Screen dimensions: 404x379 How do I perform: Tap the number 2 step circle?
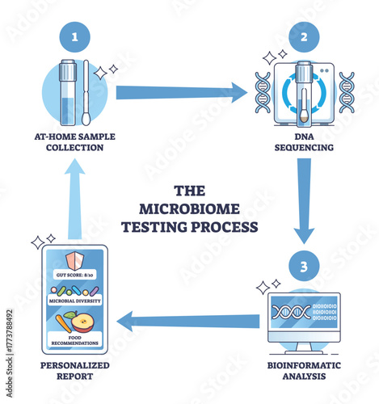304,37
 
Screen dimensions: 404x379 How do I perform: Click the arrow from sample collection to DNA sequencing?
182,92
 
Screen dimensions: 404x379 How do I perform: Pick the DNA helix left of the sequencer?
261,91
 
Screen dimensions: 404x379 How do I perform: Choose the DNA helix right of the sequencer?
347,91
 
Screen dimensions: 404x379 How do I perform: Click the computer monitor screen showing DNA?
303,313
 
